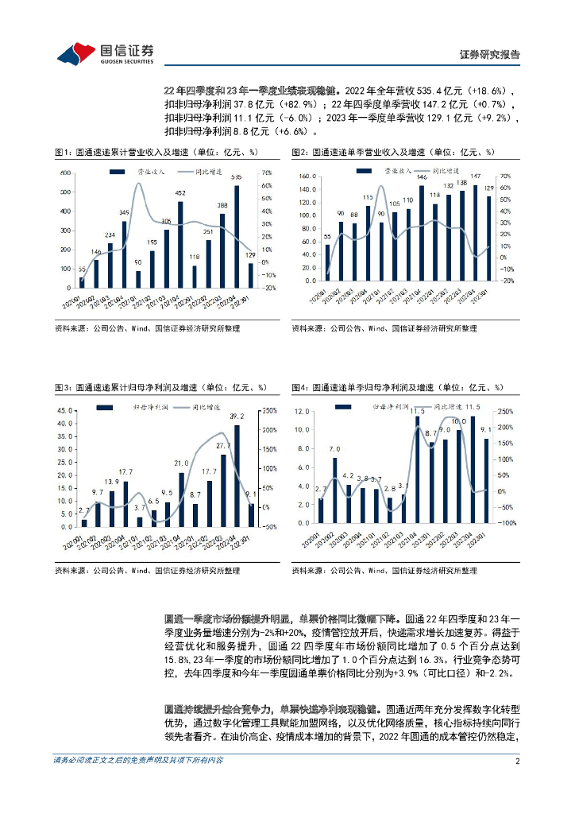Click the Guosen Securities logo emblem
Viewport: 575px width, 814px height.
75,52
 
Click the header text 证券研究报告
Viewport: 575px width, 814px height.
490,55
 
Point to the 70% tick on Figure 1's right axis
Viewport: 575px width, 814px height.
268,172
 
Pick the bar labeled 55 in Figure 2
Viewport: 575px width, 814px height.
328,264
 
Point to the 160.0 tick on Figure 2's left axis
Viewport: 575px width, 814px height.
310,176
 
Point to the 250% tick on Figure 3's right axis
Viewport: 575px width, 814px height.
269,411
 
